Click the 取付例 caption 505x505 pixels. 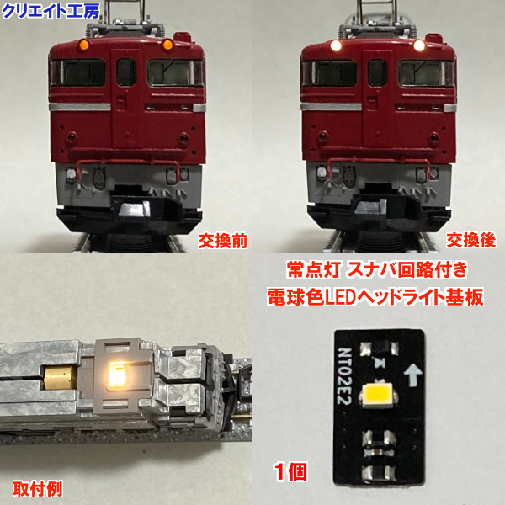pos(36,488)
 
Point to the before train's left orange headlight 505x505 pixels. pos(86,44)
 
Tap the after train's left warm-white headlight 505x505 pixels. pos(337,45)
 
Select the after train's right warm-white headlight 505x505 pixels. pos(417,45)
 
